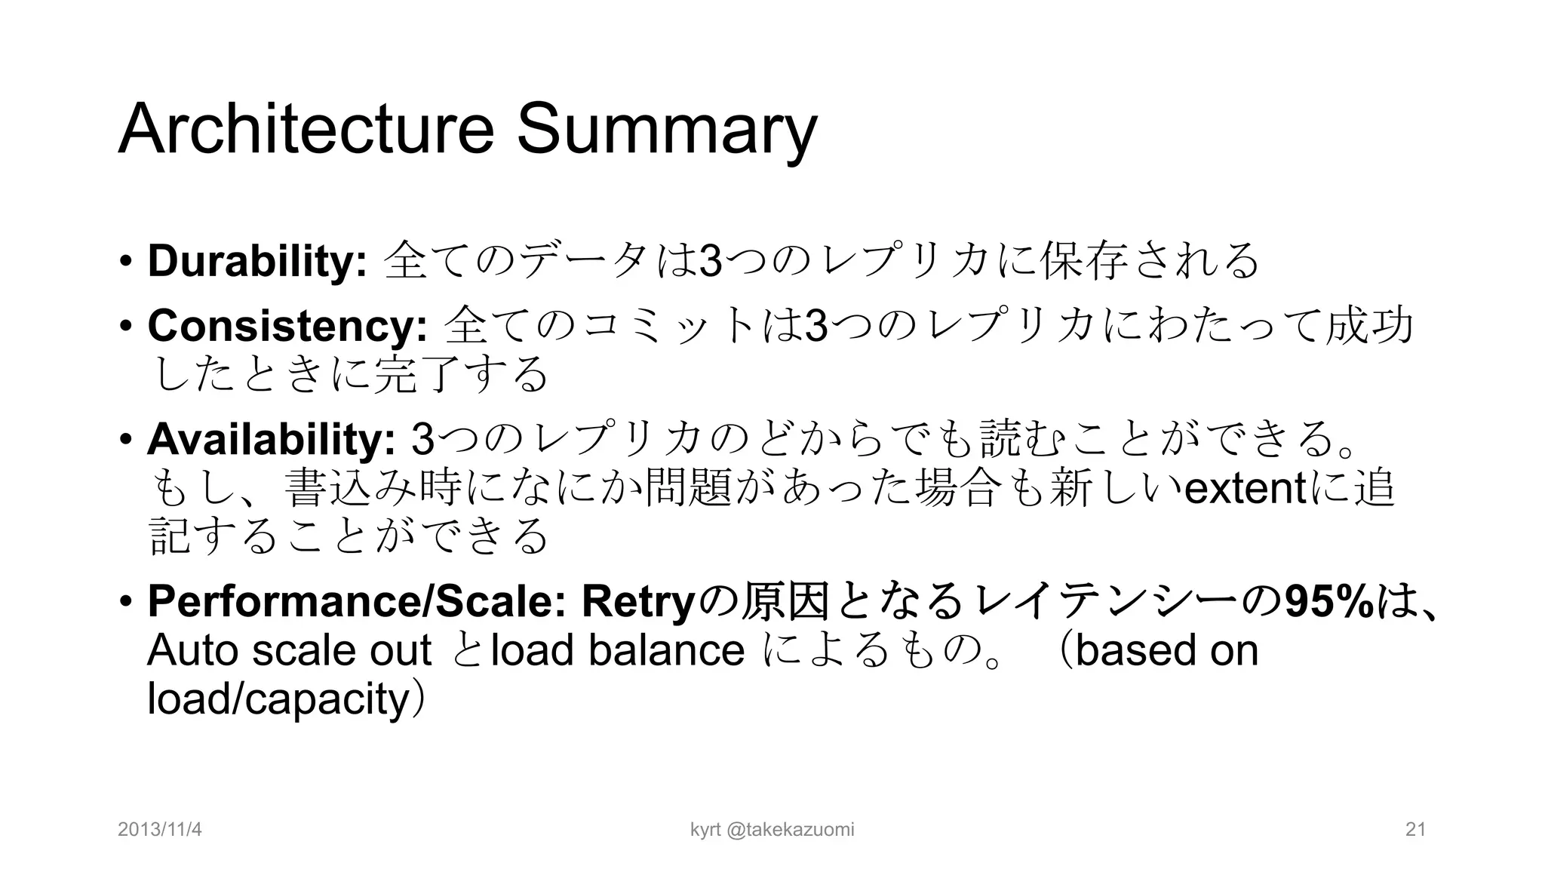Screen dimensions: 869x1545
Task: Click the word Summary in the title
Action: click(667, 130)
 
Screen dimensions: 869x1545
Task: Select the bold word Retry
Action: click(637, 601)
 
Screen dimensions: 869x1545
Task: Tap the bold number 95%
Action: click(1329, 601)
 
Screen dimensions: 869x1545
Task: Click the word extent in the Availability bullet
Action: click(1245, 489)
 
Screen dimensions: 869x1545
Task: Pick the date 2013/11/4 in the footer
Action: click(160, 830)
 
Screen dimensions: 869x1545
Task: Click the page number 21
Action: click(1415, 830)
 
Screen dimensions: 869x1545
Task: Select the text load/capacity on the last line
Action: click(278, 700)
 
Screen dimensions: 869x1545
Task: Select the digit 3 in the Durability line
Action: click(711, 261)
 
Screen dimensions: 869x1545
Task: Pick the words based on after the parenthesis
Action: click(1166, 650)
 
